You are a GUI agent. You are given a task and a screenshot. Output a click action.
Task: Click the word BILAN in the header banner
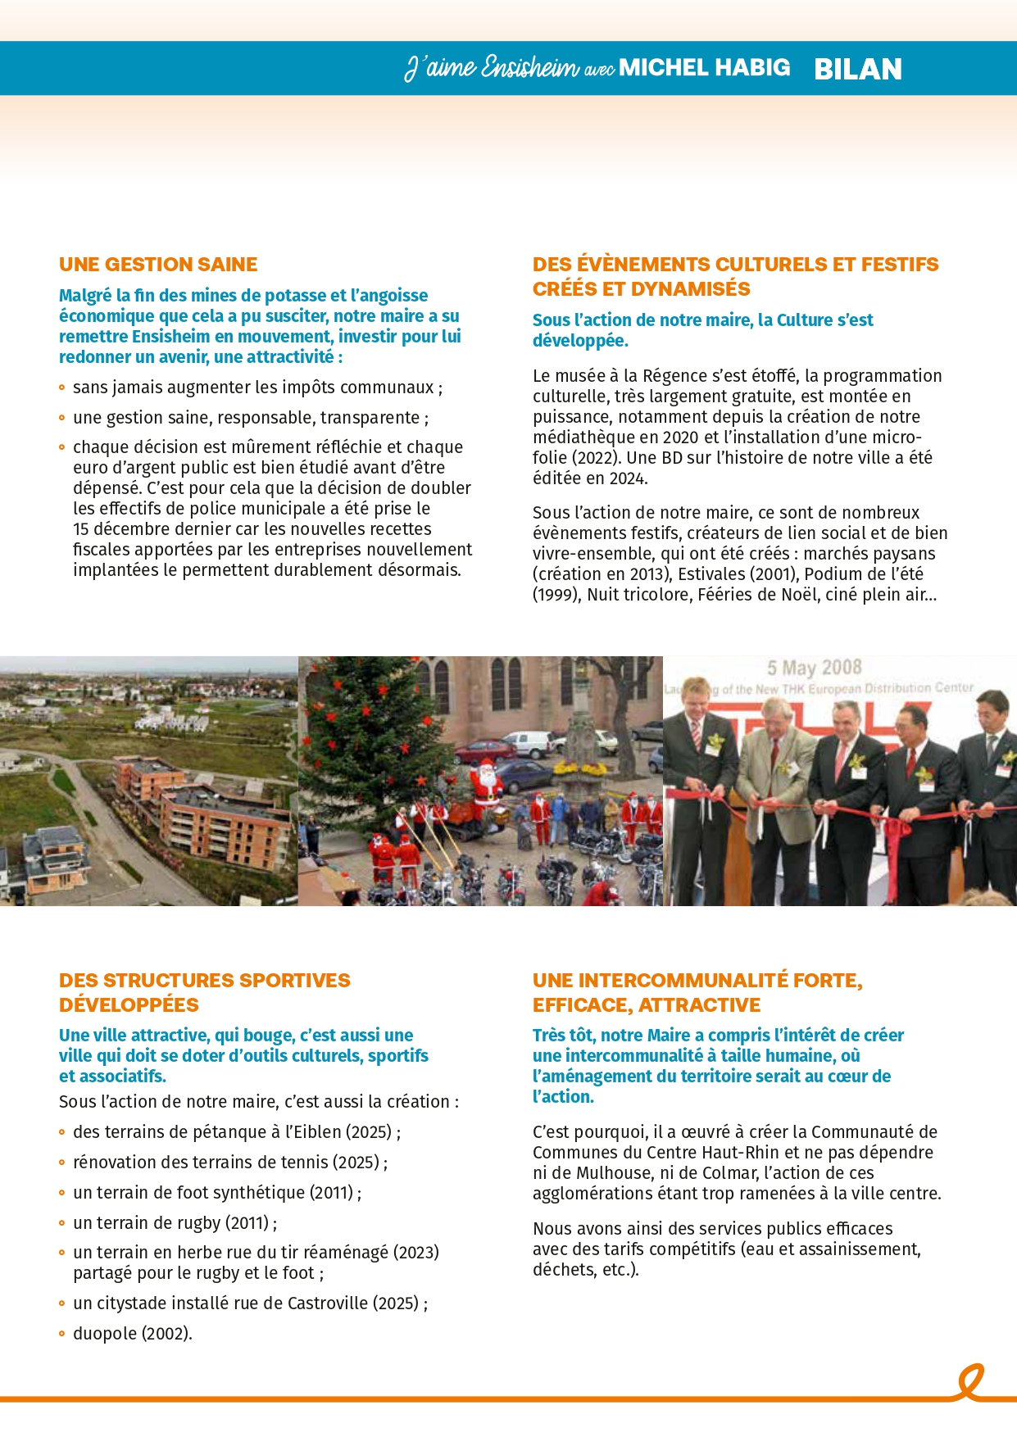click(857, 69)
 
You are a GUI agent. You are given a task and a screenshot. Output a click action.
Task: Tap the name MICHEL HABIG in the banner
click(704, 67)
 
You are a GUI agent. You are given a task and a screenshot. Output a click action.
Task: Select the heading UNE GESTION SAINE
click(158, 265)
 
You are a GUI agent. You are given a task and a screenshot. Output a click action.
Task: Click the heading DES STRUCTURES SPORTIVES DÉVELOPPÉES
click(204, 992)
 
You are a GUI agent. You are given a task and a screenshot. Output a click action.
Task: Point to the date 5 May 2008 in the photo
click(814, 668)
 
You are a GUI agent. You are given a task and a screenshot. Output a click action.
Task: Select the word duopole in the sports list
click(105, 1334)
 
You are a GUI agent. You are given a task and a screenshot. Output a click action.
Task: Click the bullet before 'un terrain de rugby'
click(62, 1223)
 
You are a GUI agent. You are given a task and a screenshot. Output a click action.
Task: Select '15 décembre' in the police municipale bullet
click(118, 529)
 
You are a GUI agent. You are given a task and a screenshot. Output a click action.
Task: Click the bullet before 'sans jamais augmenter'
click(62, 388)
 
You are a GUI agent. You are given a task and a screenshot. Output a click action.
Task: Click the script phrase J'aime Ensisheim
click(492, 67)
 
